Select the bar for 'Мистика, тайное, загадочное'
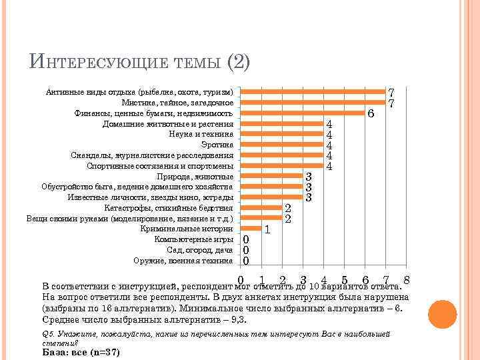[313, 102]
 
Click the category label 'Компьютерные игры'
[193, 239]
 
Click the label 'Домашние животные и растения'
[168, 123]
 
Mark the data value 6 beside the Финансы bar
[371, 114]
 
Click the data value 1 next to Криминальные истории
[267, 230]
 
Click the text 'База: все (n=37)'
[81, 351]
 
